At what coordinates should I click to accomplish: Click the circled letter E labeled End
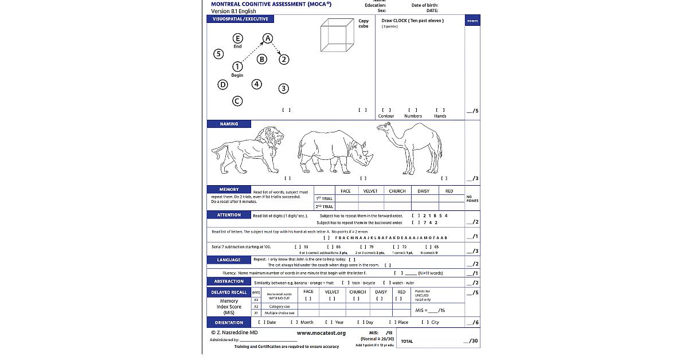tap(237, 38)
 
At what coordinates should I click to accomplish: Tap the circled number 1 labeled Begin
tap(237, 67)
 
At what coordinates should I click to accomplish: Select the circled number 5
tap(218, 54)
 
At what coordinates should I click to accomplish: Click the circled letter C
tap(237, 101)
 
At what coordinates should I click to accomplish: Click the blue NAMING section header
tap(229, 124)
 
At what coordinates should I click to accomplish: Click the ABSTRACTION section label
tap(229, 281)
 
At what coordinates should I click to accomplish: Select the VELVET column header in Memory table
tap(370, 191)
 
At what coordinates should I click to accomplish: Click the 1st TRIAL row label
tap(324, 199)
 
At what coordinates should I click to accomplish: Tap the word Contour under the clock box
tap(386, 116)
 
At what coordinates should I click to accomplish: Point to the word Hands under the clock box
tap(440, 116)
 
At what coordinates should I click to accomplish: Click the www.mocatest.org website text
tap(321, 333)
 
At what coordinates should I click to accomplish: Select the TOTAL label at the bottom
tap(406, 341)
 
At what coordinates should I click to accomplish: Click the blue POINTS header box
tap(472, 21)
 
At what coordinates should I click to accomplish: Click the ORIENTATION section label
tap(229, 322)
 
